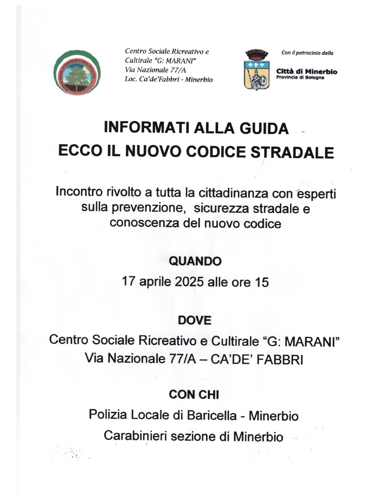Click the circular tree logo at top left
click(x=77, y=72)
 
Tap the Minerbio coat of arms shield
click(x=256, y=73)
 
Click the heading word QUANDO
click(x=195, y=261)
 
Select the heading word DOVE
click(x=195, y=320)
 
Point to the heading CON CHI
click(x=194, y=395)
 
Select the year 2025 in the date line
click(x=189, y=282)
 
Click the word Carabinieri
click(x=135, y=436)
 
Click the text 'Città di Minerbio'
click(x=306, y=72)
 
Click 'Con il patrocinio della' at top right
click(x=307, y=53)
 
